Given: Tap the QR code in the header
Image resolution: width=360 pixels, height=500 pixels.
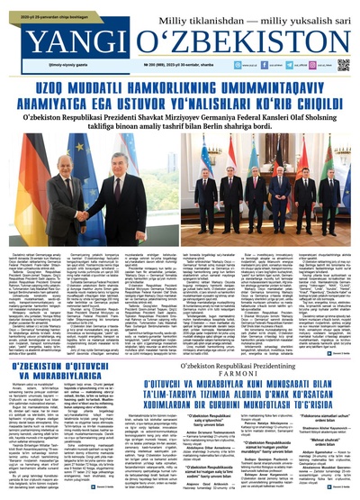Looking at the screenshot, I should coord(344,64).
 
